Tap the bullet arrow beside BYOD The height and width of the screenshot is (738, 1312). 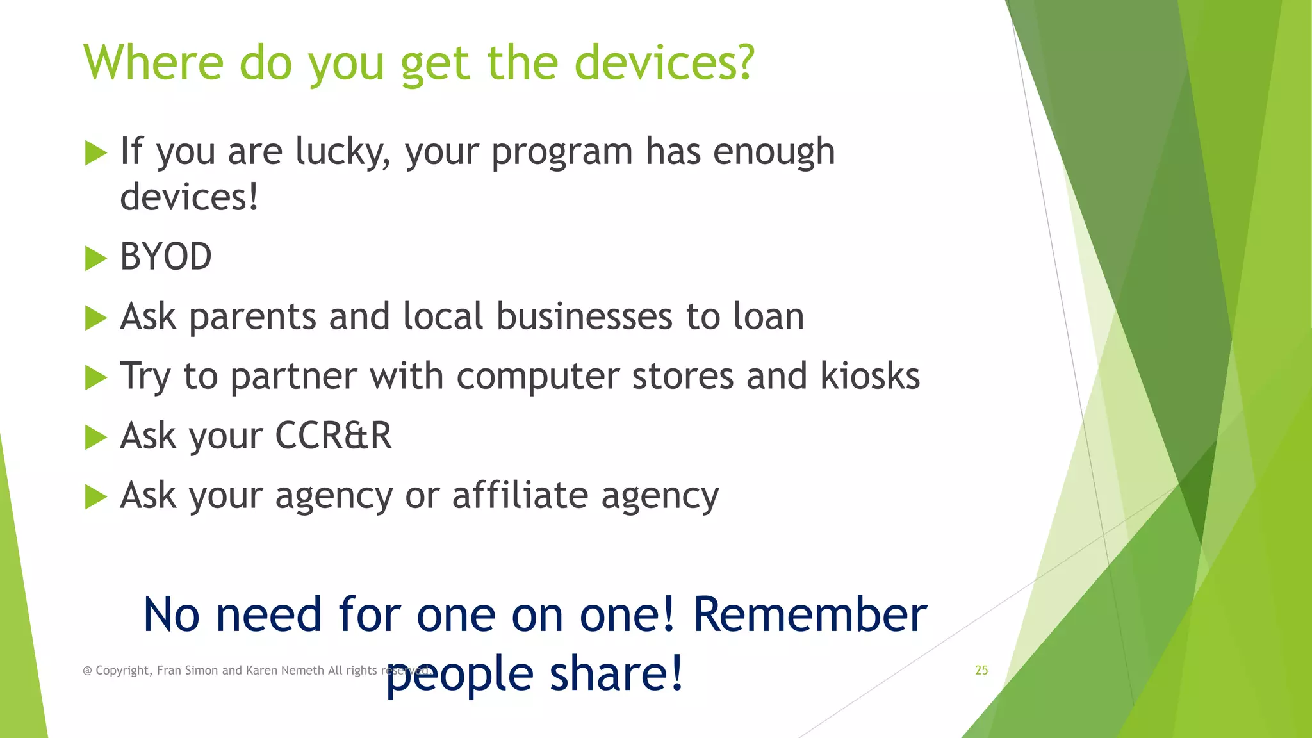tap(95, 259)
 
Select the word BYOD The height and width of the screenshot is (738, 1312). tap(166, 258)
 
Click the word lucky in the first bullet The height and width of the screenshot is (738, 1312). tap(343, 152)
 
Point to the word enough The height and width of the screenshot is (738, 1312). tap(774, 152)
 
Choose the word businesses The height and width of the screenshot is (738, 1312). tap(584, 316)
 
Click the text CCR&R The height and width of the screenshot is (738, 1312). tap(333, 436)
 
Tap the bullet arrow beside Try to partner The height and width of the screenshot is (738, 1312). tap(95, 377)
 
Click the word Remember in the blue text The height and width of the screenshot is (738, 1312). tap(810, 615)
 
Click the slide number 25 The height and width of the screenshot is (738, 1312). tap(981, 670)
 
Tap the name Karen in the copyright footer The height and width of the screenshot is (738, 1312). tap(261, 670)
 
